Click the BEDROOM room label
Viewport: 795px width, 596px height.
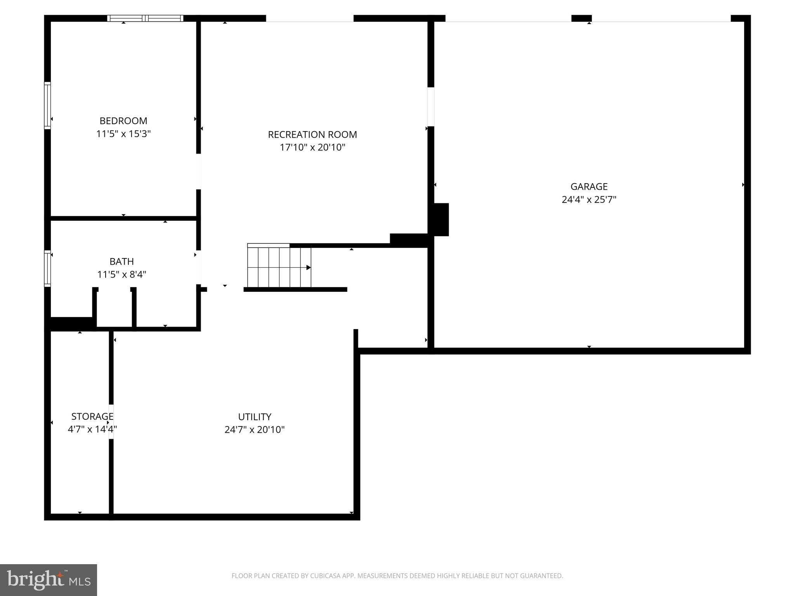click(123, 121)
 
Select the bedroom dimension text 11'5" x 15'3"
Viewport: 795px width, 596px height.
click(123, 134)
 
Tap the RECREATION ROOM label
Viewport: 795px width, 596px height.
click(312, 135)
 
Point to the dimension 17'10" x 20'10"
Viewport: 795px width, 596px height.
click(312, 147)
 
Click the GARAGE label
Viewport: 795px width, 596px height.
click(588, 187)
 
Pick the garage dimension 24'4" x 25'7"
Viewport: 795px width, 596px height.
click(588, 200)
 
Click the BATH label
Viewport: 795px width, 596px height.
click(122, 262)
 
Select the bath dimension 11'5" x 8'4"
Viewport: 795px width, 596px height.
click(122, 275)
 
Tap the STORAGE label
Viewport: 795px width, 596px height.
click(92, 416)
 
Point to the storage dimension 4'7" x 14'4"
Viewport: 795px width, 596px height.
click(92, 430)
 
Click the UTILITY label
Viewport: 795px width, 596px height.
click(254, 417)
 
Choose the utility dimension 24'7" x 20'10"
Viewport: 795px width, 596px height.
click(254, 430)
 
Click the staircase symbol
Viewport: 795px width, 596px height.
click(279, 267)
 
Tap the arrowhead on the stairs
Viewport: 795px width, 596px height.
click(309, 267)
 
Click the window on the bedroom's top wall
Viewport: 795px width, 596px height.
click(145, 18)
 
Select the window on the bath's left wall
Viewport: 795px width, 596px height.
click(47, 269)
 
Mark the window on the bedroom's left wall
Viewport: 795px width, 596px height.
click(47, 105)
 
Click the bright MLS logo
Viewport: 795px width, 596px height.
click(48, 580)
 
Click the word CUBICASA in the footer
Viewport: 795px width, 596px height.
click(325, 576)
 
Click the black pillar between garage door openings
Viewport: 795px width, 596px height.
click(581, 18)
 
